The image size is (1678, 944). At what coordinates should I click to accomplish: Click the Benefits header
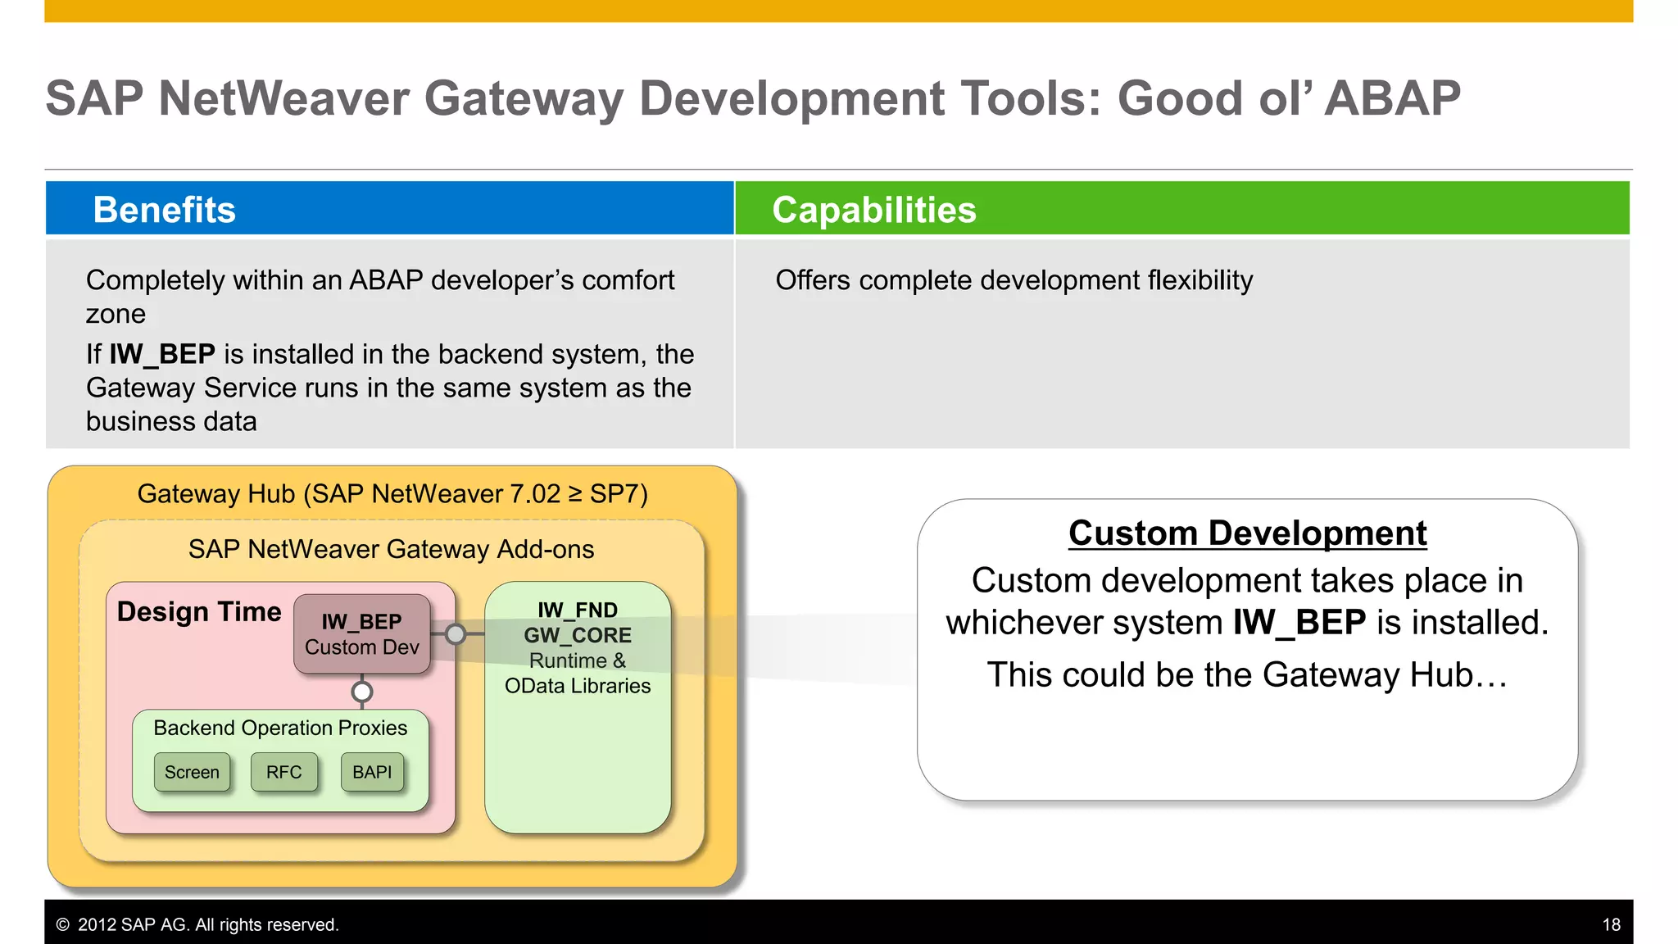click(x=164, y=210)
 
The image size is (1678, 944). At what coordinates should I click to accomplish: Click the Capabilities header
click(x=873, y=210)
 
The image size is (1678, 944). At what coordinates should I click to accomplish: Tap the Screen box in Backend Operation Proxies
click(x=192, y=772)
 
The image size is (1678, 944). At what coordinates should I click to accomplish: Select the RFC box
click(x=283, y=772)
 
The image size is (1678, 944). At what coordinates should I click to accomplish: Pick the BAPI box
click(x=372, y=772)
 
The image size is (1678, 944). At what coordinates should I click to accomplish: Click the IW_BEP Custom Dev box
click(x=361, y=634)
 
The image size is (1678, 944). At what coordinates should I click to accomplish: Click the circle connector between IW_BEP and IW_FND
click(x=456, y=633)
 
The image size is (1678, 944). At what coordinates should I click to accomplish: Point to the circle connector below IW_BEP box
click(x=361, y=692)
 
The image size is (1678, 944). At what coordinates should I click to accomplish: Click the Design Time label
click(x=199, y=612)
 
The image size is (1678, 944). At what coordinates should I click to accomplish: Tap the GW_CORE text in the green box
click(x=578, y=635)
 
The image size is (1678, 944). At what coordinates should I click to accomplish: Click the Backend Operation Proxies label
click(x=280, y=728)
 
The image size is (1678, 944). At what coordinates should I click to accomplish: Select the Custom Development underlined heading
click(x=1247, y=533)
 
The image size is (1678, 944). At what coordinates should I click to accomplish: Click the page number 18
click(x=1611, y=924)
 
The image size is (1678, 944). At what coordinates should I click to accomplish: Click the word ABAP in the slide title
click(x=1392, y=98)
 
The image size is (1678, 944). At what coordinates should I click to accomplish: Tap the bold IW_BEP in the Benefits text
click(x=162, y=354)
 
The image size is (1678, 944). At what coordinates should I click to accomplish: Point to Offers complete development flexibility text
click(x=1014, y=280)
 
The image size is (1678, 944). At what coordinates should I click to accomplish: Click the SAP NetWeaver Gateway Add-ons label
click(x=391, y=549)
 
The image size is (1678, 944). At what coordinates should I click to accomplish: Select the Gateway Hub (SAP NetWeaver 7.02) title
click(x=392, y=494)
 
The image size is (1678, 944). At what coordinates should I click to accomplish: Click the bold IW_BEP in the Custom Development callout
click(x=1299, y=623)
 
